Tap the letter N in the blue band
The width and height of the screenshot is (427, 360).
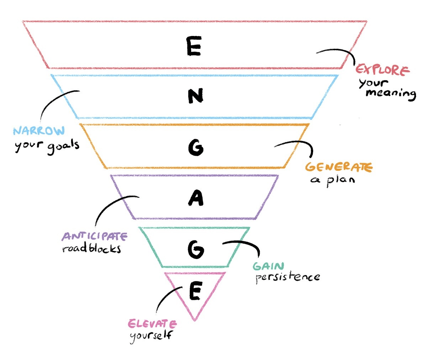(x=195, y=96)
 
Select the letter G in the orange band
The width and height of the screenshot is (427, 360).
(x=196, y=147)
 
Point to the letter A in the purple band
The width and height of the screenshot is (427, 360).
(x=196, y=198)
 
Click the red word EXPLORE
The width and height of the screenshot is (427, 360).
(x=383, y=70)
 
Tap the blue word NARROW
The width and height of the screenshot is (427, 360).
(x=39, y=131)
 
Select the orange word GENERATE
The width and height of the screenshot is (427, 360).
(x=338, y=167)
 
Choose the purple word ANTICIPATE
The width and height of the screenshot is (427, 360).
(x=94, y=236)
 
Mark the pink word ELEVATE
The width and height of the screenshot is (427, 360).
(x=152, y=324)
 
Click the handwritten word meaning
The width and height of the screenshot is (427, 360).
(x=391, y=94)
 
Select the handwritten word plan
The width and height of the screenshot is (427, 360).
(x=341, y=180)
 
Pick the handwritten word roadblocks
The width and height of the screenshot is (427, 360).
(x=91, y=248)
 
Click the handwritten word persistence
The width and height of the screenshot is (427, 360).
(x=288, y=277)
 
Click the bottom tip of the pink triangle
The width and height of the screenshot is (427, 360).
(x=195, y=319)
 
